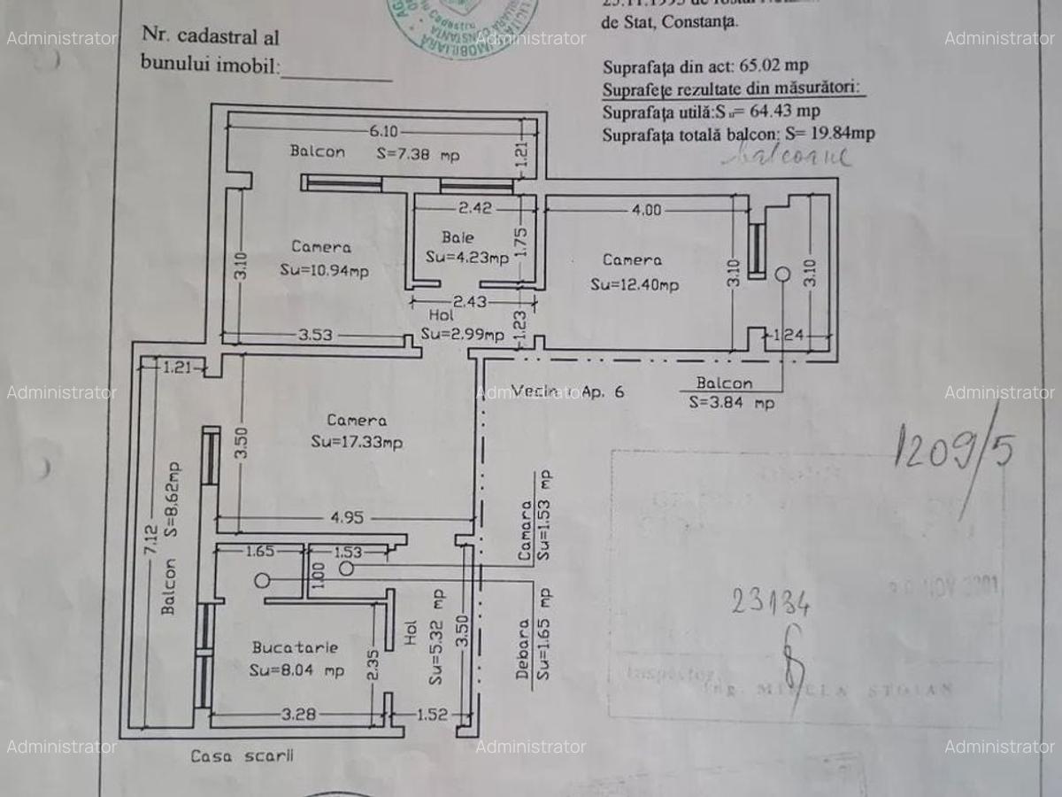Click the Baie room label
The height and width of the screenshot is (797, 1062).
(458, 237)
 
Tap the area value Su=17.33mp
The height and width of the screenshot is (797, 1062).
(357, 442)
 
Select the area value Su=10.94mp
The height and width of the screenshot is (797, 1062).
(324, 270)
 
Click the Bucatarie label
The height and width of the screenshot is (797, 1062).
(295, 647)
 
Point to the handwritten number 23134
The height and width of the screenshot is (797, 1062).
(770, 602)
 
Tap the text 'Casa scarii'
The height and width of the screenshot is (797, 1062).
(242, 756)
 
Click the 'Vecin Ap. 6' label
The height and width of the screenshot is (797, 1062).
(567, 391)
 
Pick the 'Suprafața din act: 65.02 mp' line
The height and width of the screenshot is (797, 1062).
(704, 66)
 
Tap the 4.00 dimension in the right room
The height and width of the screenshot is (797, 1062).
(645, 211)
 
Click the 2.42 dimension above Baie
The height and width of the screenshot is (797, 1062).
(475, 209)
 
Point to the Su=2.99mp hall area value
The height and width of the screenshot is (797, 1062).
(462, 334)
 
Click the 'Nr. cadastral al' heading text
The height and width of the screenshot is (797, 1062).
(210, 37)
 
